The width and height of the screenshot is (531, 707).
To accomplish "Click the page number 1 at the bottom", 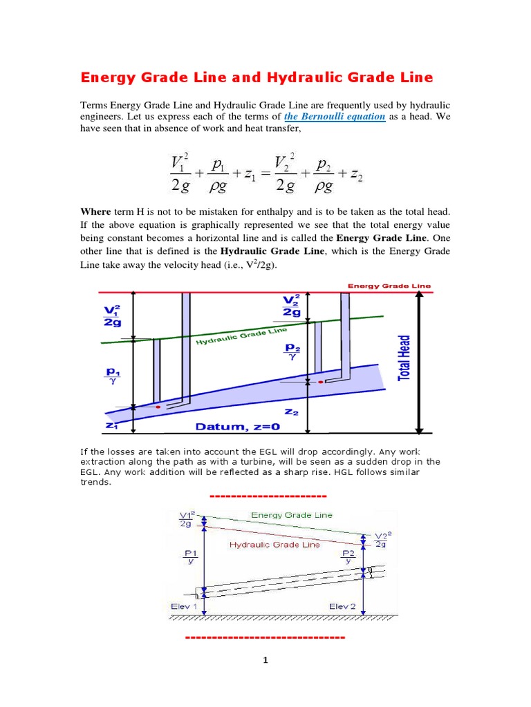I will pos(265,660).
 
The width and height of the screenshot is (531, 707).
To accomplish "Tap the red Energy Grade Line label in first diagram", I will pos(389,285).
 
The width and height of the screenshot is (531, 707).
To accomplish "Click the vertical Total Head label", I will pos(404,357).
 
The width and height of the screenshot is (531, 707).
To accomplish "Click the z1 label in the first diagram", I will pos(111,426).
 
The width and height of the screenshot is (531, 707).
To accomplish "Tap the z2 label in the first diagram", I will pos(291,412).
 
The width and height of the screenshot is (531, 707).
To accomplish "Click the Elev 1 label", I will pos(184,606).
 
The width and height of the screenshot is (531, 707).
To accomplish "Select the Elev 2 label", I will pos(342,606).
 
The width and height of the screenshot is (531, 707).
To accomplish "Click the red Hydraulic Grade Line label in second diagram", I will pos(274,545).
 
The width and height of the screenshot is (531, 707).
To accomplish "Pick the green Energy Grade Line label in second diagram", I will pos(291,515).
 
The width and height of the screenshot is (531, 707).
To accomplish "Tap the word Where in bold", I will pos(95,211).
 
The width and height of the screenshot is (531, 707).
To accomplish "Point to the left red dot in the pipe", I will pos(158,407).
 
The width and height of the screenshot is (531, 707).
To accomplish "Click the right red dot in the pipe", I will pos(320,381).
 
